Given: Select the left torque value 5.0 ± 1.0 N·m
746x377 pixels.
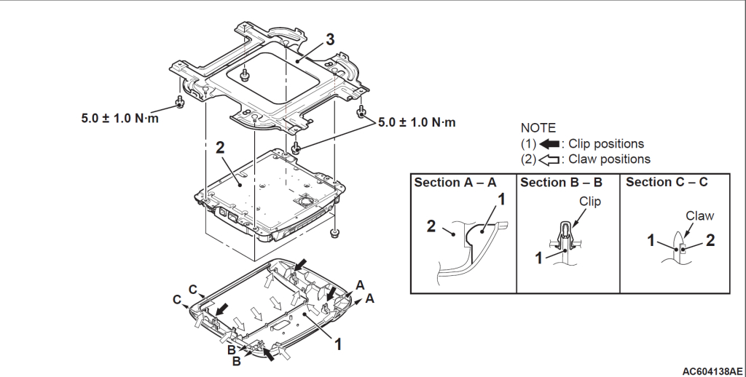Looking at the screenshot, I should click(x=120, y=117).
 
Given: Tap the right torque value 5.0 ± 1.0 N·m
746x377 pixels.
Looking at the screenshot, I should click(x=417, y=122).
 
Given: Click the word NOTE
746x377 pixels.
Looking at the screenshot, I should click(x=538, y=128).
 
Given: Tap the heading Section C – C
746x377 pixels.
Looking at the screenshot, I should click(x=667, y=182).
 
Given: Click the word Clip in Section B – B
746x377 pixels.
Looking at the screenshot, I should click(x=590, y=202).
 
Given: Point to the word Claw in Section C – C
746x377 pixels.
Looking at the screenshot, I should click(x=700, y=215).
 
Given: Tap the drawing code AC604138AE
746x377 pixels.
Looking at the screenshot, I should click(x=712, y=370).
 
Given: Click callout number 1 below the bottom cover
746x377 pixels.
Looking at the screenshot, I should click(x=338, y=341).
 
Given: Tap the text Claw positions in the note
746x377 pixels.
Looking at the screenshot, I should click(x=610, y=158).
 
